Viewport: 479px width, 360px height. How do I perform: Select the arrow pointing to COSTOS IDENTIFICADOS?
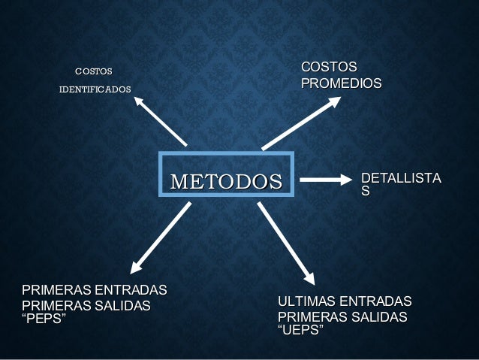coord(160,120)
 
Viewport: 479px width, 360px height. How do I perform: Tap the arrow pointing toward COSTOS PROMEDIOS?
coord(301,122)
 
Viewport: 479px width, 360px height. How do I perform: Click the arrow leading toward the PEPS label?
coord(161,237)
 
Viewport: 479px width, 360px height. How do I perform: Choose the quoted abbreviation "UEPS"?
coord(300,331)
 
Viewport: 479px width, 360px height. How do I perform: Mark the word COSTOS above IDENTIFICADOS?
coord(93,71)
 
